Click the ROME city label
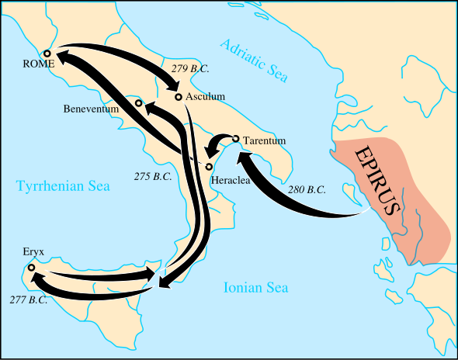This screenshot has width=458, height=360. click(40, 64)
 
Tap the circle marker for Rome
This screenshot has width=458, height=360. click(47, 54)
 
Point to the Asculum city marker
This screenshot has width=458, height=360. click(179, 97)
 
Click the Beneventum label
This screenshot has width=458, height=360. click(91, 109)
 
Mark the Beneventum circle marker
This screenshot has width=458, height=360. click(138, 103)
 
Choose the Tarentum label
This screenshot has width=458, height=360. click(265, 140)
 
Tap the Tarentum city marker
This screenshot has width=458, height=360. click(236, 139)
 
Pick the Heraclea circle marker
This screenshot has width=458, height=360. click(209, 167)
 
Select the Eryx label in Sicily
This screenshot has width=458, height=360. click(34, 253)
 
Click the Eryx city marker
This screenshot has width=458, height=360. click(31, 268)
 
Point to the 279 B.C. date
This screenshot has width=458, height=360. click(190, 68)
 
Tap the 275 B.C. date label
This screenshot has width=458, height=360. click(153, 176)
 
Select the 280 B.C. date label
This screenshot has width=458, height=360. click(307, 189)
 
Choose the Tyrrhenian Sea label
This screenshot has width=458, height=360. click(63, 186)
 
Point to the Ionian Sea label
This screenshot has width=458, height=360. click(256, 288)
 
